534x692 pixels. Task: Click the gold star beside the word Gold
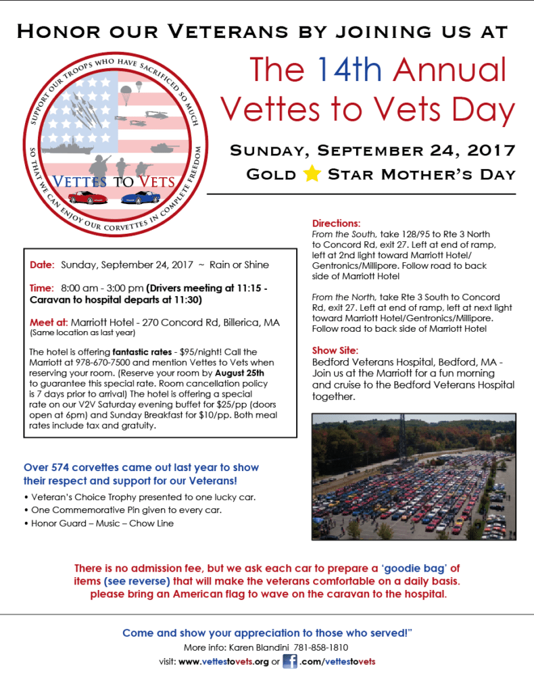(x=312, y=174)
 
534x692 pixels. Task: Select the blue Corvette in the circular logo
(x=140, y=197)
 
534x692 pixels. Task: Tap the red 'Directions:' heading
(x=336, y=223)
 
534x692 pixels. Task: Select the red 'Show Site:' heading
(x=335, y=350)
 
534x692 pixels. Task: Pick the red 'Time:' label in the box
(x=42, y=287)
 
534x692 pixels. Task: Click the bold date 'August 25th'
(x=244, y=372)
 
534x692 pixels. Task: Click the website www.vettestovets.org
(x=224, y=662)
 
